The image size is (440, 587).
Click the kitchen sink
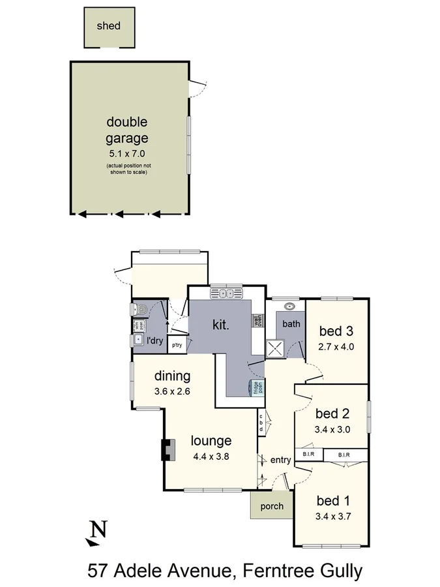point(226,294)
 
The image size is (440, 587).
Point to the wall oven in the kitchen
point(257,321)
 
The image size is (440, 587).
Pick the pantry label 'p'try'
point(177,344)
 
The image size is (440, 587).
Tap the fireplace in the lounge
point(168,449)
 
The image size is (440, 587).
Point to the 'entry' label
point(280,460)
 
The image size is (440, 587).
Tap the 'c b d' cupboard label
point(261,422)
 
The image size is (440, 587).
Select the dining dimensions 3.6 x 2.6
point(172,391)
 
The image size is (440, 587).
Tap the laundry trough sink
point(138,339)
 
